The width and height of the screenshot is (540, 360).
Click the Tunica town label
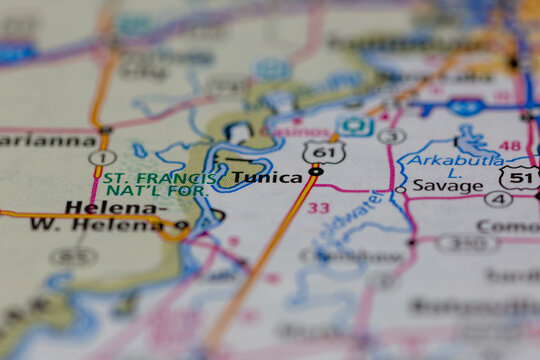coord(267,178)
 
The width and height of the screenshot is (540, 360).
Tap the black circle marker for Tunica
coord(316,172)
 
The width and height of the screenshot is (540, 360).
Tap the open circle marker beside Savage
coord(400,188)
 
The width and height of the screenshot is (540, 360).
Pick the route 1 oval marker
coord(101,158)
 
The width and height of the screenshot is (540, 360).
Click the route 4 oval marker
coord(498,199)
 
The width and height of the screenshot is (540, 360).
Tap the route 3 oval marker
coord(392,136)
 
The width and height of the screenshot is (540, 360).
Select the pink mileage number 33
coord(318,208)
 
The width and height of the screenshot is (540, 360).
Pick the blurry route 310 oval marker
coord(467,242)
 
